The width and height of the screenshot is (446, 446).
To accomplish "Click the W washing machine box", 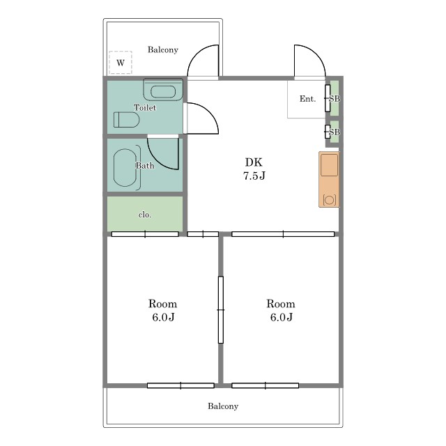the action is pyautogui.click(x=121, y=63).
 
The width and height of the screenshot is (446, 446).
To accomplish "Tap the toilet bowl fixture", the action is pyautogui.click(x=127, y=120).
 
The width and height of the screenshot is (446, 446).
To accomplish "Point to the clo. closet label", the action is pyautogui.click(x=145, y=215).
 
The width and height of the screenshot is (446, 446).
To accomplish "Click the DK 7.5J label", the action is pyautogui.click(x=254, y=169).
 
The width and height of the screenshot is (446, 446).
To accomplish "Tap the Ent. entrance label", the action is pyautogui.click(x=307, y=99).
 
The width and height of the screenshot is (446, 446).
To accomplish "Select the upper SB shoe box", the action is pyautogui.click(x=334, y=98).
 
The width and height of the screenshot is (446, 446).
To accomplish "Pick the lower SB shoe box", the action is pyautogui.click(x=334, y=132).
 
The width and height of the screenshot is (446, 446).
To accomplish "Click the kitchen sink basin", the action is pyautogui.click(x=329, y=165).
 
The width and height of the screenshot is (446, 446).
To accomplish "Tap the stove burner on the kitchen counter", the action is pyautogui.click(x=329, y=200).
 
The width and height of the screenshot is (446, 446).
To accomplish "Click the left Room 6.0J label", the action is pyautogui.click(x=162, y=310).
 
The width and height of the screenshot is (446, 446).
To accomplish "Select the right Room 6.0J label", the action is pyautogui.click(x=281, y=310).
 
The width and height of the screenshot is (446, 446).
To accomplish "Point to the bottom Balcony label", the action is pyautogui.click(x=223, y=406).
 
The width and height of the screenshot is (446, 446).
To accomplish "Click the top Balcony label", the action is pyautogui.click(x=162, y=49).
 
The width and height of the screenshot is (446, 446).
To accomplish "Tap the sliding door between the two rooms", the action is pyautogui.click(x=221, y=309).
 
